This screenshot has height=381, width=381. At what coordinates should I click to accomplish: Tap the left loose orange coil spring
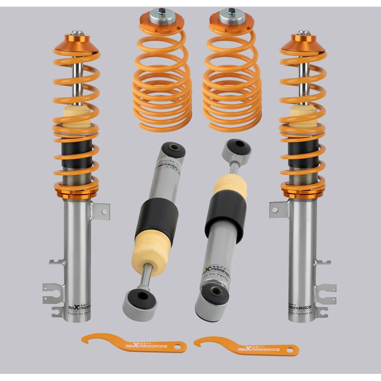(x=162, y=76)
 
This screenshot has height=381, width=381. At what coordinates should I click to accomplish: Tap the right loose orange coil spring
(x=231, y=76)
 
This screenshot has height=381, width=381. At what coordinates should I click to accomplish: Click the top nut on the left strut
(x=77, y=33)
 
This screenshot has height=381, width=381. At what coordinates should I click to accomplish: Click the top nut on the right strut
(x=303, y=33)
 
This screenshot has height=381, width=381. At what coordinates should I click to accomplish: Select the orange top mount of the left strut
(x=76, y=45)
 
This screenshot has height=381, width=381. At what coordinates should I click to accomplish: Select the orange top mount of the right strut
(x=303, y=45)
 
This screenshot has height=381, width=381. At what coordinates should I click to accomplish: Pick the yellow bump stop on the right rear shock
(x=230, y=187)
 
